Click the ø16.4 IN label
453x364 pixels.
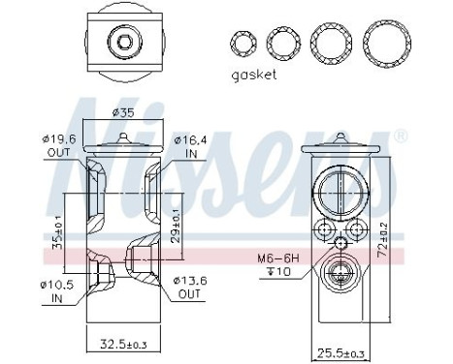(x=186, y=146)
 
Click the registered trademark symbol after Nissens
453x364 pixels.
(x=398, y=137)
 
